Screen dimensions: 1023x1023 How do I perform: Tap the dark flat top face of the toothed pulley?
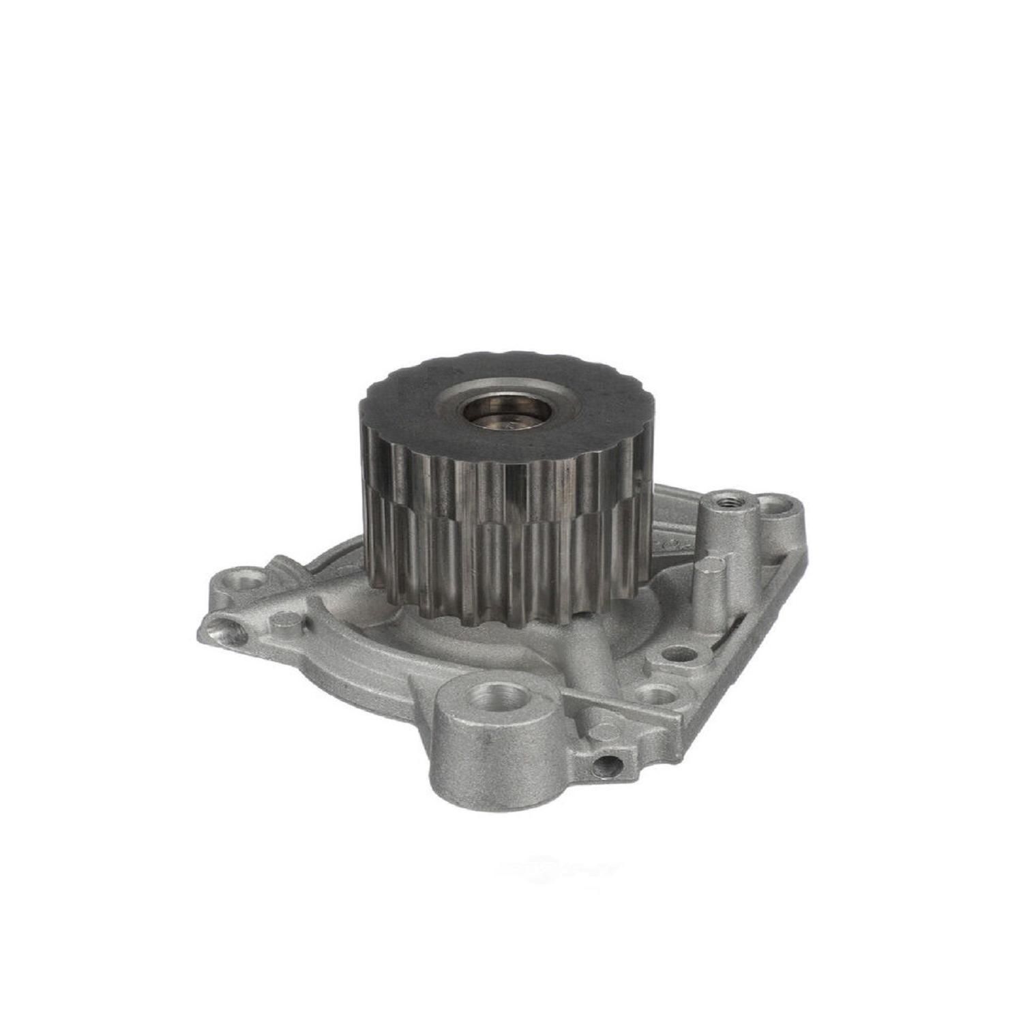click(x=409, y=409)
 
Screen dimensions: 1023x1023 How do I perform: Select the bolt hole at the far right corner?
click(x=776, y=505)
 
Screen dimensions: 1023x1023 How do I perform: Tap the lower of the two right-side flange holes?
click(x=657, y=696)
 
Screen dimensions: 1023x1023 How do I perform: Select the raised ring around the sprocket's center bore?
click(x=539, y=402)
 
